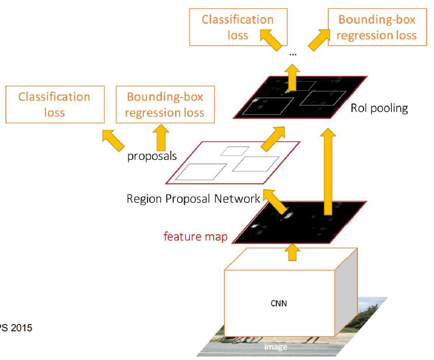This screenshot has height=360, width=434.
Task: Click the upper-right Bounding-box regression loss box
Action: (376, 27)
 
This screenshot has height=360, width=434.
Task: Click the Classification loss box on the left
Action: (54, 105)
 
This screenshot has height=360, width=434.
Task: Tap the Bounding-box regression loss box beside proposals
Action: (164, 105)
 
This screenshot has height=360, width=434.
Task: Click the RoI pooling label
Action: (379, 108)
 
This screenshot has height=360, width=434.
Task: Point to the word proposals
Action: (151, 156)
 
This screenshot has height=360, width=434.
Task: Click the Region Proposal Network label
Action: (193, 199)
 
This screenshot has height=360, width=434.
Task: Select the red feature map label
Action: (196, 236)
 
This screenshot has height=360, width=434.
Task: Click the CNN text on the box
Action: (279, 303)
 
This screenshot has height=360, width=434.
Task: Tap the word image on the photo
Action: (276, 347)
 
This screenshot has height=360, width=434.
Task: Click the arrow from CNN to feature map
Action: (291, 251)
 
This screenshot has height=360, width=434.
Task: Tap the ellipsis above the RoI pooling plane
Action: (293, 54)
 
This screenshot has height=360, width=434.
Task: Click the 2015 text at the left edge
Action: (17, 328)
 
